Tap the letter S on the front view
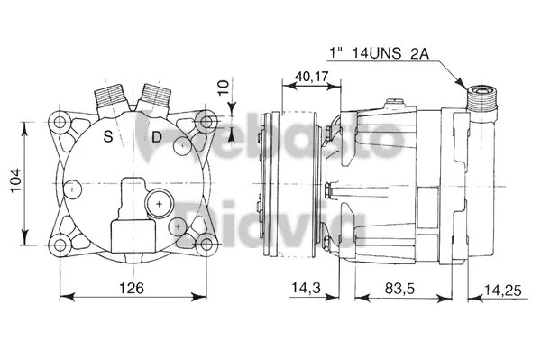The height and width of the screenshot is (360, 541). pyautogui.click(x=108, y=137)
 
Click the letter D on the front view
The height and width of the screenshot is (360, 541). pyautogui.click(x=156, y=137)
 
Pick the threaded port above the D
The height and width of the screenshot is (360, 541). pyautogui.click(x=154, y=95)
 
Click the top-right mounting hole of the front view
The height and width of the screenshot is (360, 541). pyautogui.click(x=206, y=122)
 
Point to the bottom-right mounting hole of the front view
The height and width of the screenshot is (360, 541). pyautogui.click(x=206, y=242)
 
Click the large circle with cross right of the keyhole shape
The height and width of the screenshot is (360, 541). pyautogui.click(x=160, y=205)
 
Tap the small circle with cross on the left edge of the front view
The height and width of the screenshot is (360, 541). pyautogui.click(x=72, y=189)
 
